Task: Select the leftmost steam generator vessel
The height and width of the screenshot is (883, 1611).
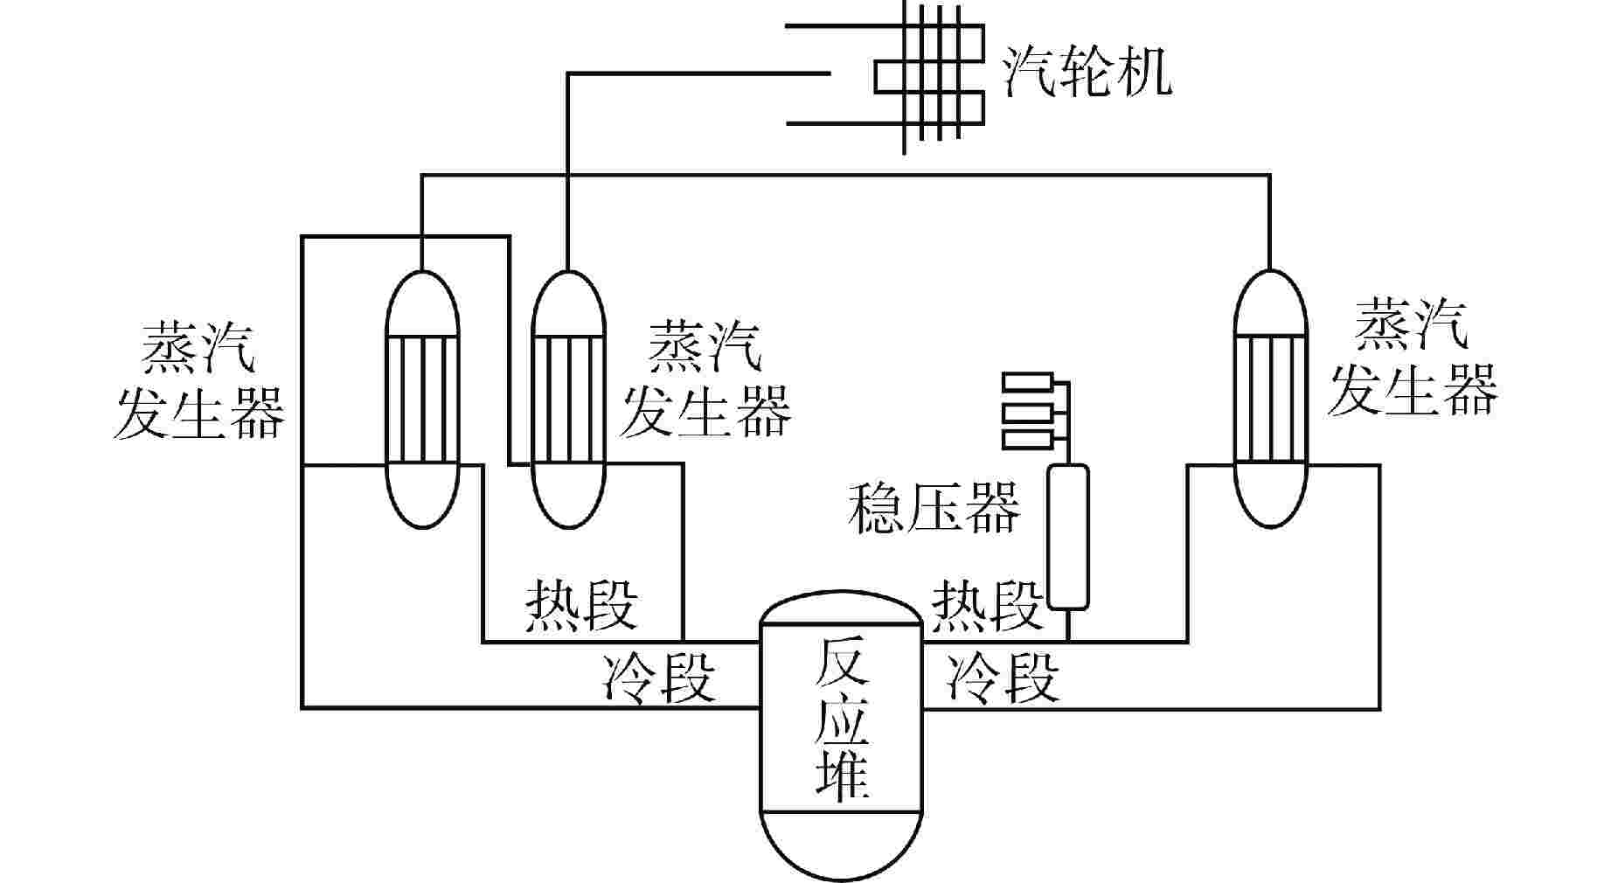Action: click(422, 398)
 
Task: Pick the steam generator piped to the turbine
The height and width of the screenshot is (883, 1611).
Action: click(568, 398)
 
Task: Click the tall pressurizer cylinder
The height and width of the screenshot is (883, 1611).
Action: click(1068, 536)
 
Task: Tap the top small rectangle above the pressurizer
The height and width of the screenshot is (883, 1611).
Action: click(1030, 382)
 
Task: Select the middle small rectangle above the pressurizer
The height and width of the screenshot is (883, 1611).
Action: click(1030, 411)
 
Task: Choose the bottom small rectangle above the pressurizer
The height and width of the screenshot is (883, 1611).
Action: click(1030, 439)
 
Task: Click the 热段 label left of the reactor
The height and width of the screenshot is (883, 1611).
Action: click(581, 605)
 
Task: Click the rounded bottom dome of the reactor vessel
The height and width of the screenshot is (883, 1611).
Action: click(841, 844)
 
